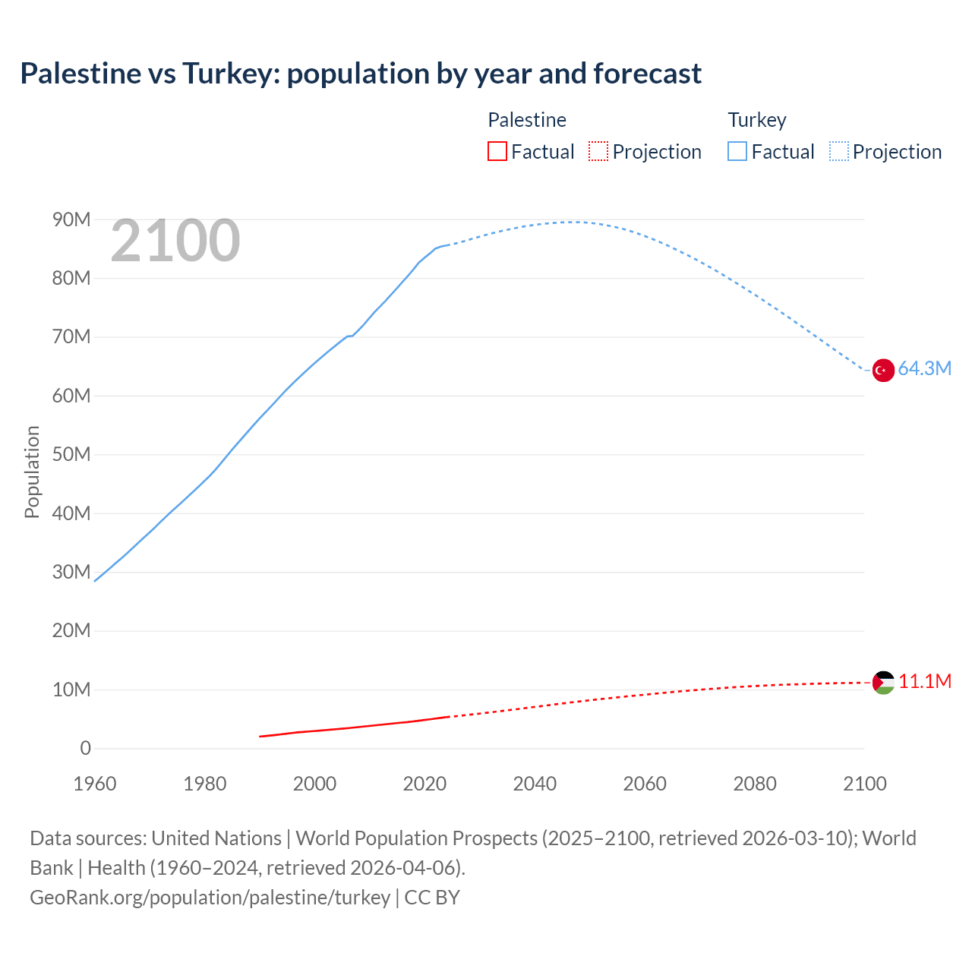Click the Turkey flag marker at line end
coord(883,370)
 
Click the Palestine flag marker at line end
coord(883,683)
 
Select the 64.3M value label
coord(924,369)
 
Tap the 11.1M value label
coord(924,681)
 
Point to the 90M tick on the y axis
coord(71,220)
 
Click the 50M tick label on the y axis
coord(71,455)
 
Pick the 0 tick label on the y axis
coord(85,749)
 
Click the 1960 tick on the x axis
coord(95,784)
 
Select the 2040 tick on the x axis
coord(535,784)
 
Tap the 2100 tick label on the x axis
coord(864,784)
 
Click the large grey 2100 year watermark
coord(175,241)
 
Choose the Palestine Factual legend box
coord(497,151)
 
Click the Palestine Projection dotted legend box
coord(598,151)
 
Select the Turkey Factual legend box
coord(737,151)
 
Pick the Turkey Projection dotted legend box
coord(839,151)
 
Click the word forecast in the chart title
coord(647,74)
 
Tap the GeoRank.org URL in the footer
coord(210,898)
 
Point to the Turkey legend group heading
coord(757,120)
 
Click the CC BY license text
coord(432,898)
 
